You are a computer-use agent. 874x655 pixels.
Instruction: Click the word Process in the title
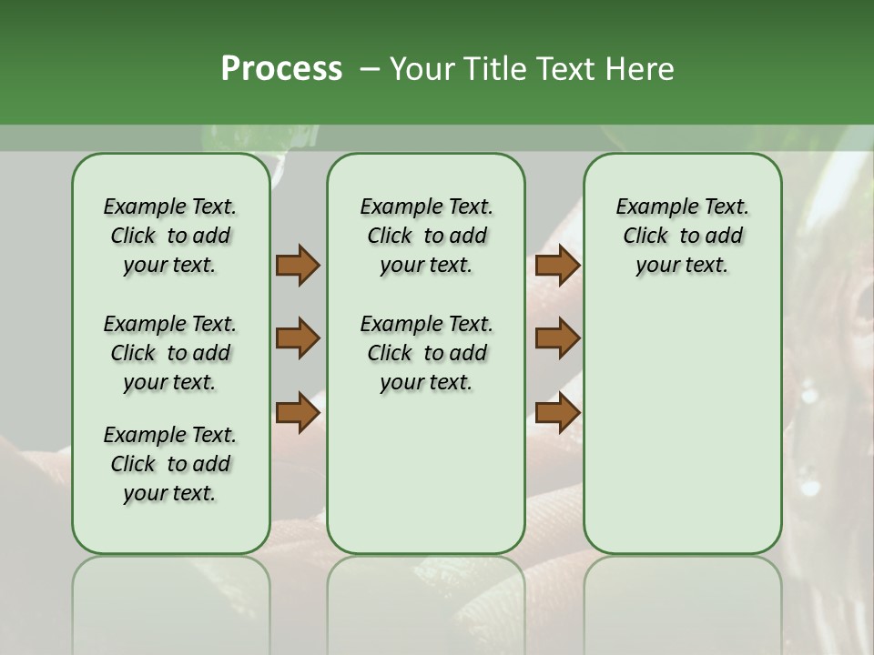(x=281, y=69)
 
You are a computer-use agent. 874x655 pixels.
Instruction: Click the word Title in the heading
(x=493, y=69)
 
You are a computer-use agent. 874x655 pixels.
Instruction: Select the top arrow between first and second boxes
(x=298, y=266)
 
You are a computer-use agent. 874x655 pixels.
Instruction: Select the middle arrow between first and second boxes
(x=298, y=339)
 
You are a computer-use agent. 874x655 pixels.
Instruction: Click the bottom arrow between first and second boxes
(x=298, y=413)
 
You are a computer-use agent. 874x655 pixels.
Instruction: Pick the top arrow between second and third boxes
(x=557, y=266)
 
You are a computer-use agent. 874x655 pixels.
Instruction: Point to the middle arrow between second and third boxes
(x=557, y=339)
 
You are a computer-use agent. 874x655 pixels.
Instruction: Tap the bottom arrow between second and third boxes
(x=557, y=413)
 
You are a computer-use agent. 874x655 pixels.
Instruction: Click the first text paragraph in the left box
(x=170, y=236)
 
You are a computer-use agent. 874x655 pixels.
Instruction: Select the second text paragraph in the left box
(x=170, y=353)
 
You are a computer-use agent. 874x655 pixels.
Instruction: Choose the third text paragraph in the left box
(x=170, y=464)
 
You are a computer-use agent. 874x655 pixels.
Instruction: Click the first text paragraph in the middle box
(x=426, y=236)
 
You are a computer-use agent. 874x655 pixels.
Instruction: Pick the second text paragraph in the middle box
(x=426, y=353)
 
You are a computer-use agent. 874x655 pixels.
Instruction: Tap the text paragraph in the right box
(x=682, y=236)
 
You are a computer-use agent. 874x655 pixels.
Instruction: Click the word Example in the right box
(x=650, y=207)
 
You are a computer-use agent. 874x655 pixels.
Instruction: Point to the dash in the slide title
(x=370, y=69)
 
